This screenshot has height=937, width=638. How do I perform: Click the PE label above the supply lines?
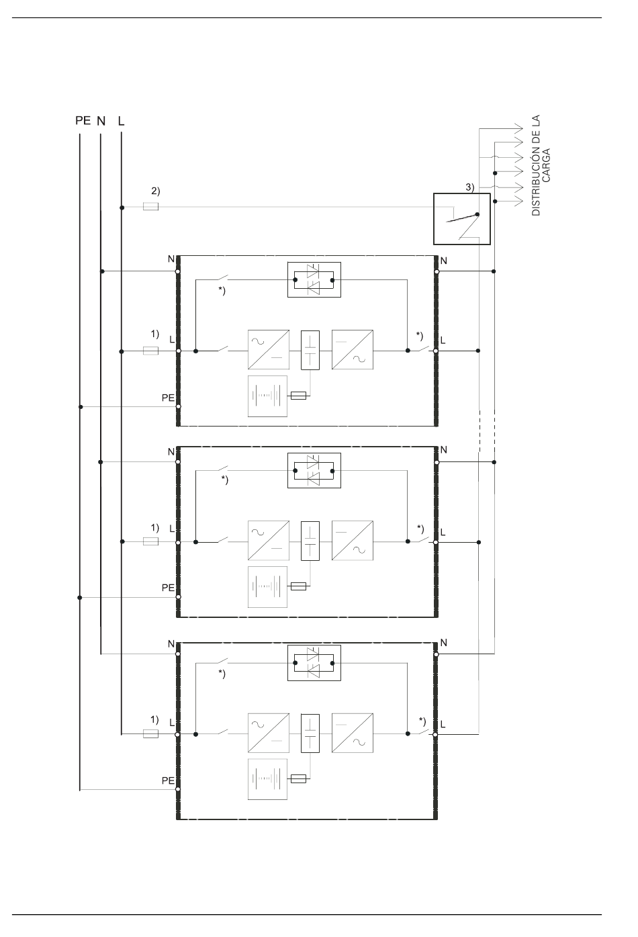pos(83,120)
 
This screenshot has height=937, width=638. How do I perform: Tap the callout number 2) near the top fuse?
pos(156,191)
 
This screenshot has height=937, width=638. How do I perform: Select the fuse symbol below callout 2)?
pos(150,206)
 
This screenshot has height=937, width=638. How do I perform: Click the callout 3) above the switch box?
pos(470,187)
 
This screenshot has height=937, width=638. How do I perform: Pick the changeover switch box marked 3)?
pos(462,219)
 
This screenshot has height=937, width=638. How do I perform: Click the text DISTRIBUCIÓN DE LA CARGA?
pos(541,165)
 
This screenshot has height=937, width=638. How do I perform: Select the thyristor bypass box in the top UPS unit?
pos(314,280)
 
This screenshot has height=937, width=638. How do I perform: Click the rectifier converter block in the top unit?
pos(269,350)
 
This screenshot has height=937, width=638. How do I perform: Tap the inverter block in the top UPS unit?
pos(353,350)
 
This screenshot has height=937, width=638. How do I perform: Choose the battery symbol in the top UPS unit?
pos(268,396)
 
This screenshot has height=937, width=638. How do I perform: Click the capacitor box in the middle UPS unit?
pos(310,541)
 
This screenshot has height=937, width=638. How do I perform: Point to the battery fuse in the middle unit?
pos(298,586)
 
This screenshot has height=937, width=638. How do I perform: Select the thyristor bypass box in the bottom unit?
pos(314,662)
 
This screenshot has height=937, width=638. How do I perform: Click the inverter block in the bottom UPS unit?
pos(353,733)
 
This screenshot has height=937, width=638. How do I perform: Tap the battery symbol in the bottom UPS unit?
pos(268,779)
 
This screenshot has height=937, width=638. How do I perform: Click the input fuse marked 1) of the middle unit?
pos(150,541)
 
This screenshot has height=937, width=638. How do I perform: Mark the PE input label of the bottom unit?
pos(168,780)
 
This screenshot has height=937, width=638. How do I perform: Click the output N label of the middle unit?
pos(444,449)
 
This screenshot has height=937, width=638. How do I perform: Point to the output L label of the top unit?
pos(443,341)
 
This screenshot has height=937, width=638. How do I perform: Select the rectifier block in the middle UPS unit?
pos(269,541)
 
